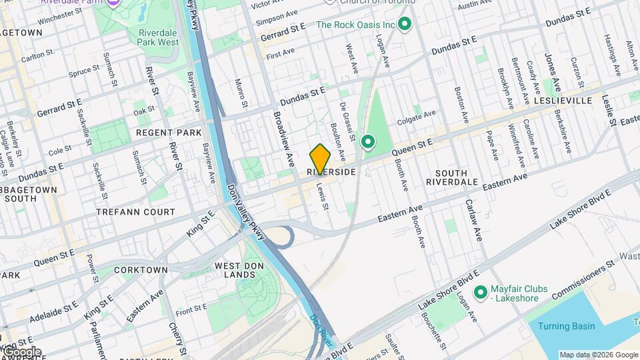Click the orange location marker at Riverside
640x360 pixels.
[x=320, y=159]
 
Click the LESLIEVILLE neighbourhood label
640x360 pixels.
[x=563, y=101]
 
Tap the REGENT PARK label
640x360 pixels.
[x=169, y=133]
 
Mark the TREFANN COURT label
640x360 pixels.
[x=135, y=212]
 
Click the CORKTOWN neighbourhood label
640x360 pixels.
[x=141, y=270]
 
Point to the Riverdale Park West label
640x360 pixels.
[x=159, y=37]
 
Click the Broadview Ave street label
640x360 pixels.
[x=282, y=139]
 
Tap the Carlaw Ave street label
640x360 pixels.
[x=473, y=219]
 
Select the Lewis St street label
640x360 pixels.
[x=323, y=197]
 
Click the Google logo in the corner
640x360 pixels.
[x=21, y=352]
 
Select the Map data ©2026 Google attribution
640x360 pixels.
[x=598, y=355]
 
